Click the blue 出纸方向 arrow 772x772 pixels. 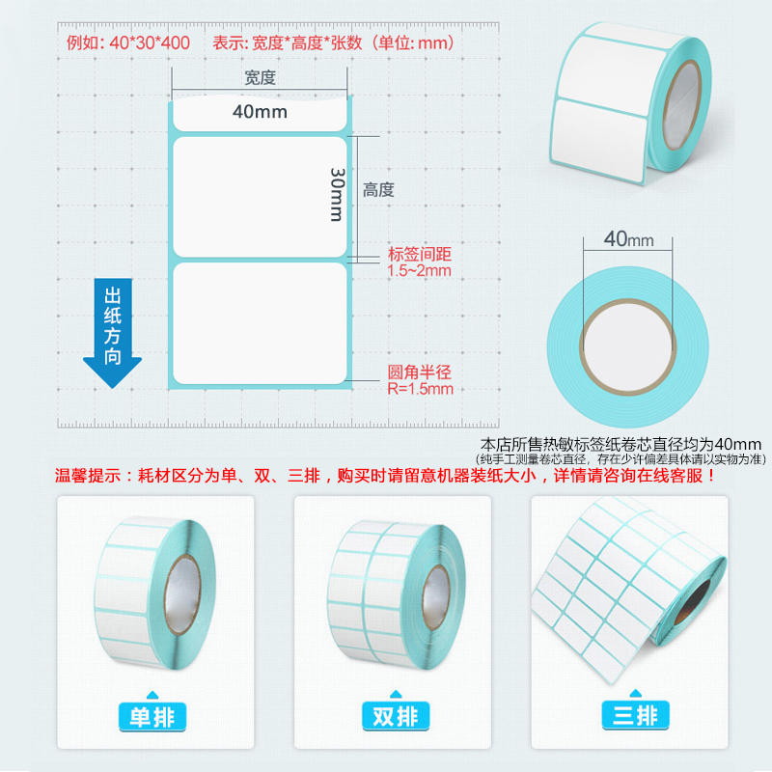pyautogui.click(x=112, y=333)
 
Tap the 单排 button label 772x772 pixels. pyautogui.click(x=152, y=716)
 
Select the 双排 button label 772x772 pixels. pyautogui.click(x=396, y=715)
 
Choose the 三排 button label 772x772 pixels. pyautogui.click(x=635, y=714)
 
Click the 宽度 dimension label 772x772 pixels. pyautogui.click(x=260, y=78)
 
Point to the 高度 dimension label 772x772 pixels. pyautogui.click(x=378, y=189)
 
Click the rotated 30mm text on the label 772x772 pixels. pyautogui.click(x=337, y=195)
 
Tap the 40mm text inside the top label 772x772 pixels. pyautogui.click(x=260, y=112)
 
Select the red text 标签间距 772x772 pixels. pyautogui.click(x=420, y=254)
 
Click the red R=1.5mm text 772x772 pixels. pyautogui.click(x=420, y=389)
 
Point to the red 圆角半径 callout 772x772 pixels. pyautogui.click(x=419, y=372)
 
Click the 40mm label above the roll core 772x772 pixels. pyautogui.click(x=629, y=239)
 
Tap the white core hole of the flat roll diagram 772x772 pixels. pyautogui.click(x=628, y=346)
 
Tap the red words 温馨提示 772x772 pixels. pyautogui.click(x=88, y=476)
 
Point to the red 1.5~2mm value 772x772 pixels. pyautogui.click(x=419, y=270)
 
